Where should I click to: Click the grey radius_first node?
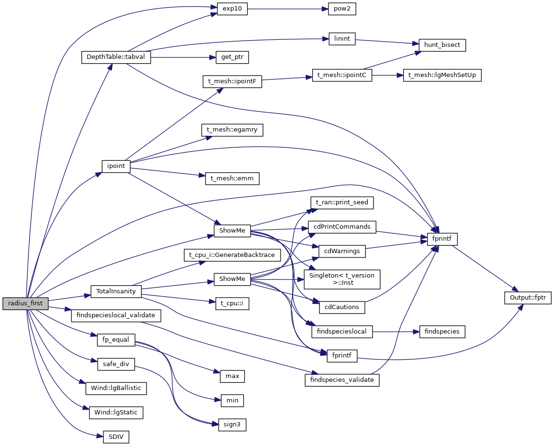[25, 303]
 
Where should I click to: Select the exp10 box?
[232, 9]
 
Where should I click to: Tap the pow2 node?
[342, 9]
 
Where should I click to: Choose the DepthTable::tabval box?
[116, 57]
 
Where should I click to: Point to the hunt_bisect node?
[442, 45]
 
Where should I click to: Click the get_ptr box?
[232, 57]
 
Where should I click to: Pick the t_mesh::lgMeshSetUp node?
[442, 75]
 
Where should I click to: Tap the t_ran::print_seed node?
[342, 202]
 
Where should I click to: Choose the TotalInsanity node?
[116, 291]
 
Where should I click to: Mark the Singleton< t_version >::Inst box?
[342, 279]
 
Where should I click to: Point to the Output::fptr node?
[528, 298]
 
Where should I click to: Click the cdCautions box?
[342, 307]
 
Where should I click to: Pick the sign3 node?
[232, 424]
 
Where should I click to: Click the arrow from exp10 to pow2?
[287, 9]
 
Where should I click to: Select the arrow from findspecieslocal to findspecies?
[396, 331]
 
